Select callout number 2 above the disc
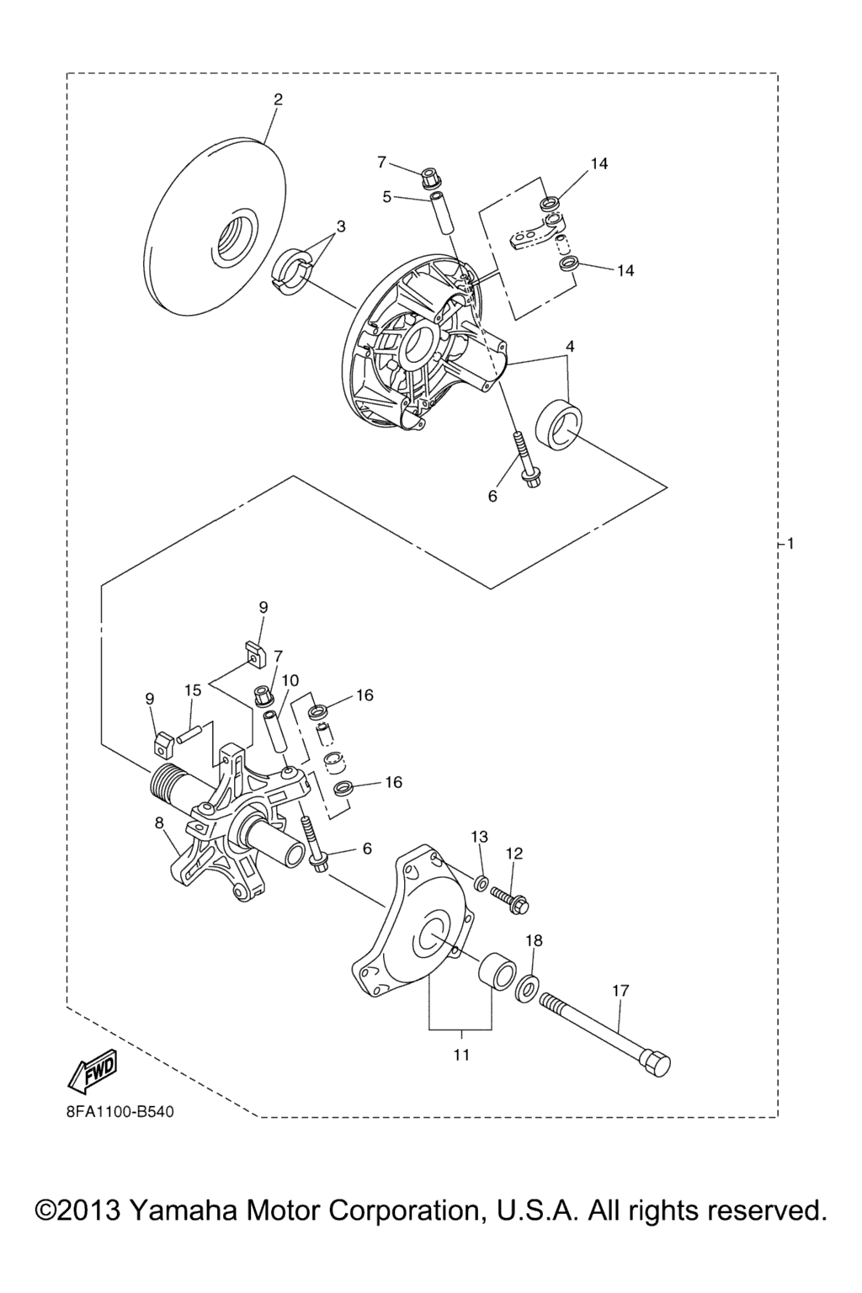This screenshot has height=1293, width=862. point(279,99)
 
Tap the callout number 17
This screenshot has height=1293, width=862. point(620,991)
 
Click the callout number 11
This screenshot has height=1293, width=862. point(461,1055)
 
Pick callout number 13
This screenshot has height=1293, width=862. point(479,837)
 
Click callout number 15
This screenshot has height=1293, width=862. point(193,689)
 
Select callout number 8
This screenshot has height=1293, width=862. point(159,824)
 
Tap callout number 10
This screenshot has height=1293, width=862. point(290,680)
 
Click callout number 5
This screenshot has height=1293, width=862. point(387,197)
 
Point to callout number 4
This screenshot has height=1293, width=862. point(570,347)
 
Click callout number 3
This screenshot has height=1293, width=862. point(341,226)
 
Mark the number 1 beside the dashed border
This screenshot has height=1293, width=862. point(790,544)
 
